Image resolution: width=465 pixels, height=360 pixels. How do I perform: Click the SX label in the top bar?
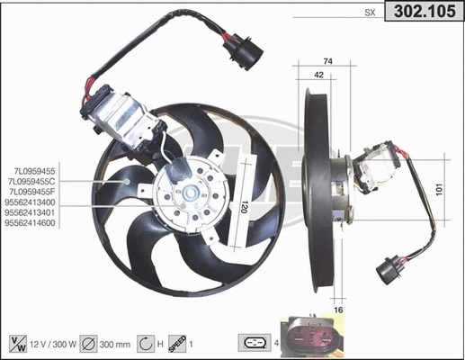coord(369,13)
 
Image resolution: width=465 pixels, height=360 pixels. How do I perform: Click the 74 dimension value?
coord(327,61)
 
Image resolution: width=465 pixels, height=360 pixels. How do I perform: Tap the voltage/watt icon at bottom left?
coord(17,343)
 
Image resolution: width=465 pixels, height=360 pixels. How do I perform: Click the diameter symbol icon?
coord(90,343)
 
